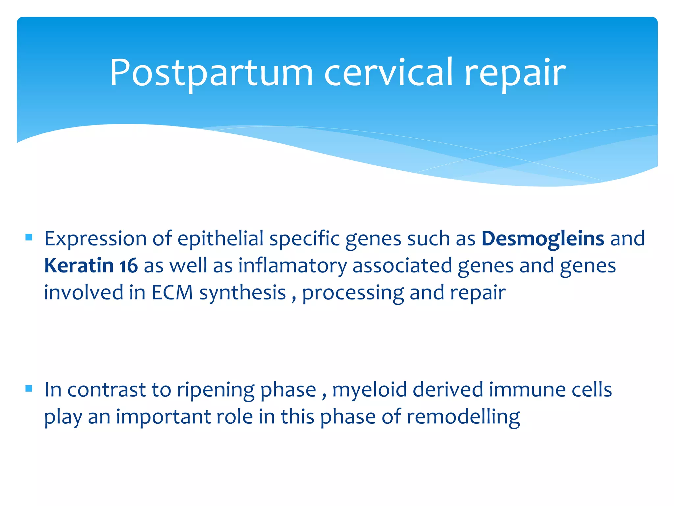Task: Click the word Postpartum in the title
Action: (x=211, y=73)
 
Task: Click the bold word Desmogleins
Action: (x=543, y=239)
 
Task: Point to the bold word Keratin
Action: (x=79, y=266)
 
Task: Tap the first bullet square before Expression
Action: (x=29, y=237)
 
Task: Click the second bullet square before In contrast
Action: (x=29, y=388)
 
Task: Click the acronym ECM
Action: (x=172, y=293)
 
